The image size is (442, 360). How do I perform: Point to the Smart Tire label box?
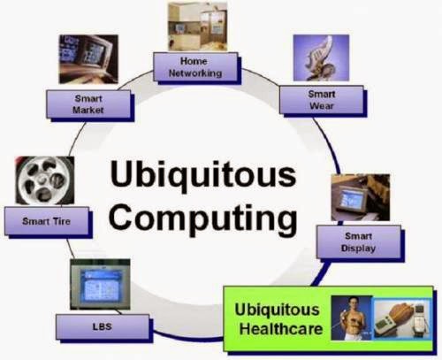49,221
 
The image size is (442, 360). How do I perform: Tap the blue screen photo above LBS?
99,284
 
